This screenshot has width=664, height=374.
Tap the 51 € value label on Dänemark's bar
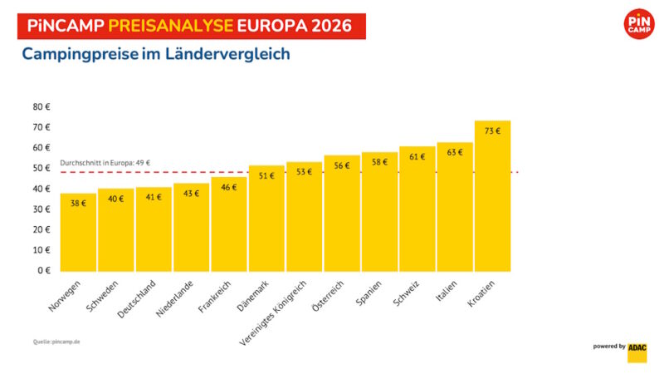tap(266, 176)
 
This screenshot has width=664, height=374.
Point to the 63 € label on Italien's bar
tap(455, 152)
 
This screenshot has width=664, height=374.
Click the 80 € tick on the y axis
tap(41, 106)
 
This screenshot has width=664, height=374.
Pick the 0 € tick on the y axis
tap(44, 270)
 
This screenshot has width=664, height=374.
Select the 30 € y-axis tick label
tap(41, 209)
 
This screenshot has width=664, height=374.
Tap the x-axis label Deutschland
tap(155, 299)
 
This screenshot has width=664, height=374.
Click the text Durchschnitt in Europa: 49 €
tap(105, 163)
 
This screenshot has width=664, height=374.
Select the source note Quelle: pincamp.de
tap(58, 342)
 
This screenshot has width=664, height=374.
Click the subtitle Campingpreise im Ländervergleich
tap(155, 55)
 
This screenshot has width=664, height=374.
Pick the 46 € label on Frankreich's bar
tap(229, 187)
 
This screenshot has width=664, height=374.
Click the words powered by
tap(609, 346)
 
